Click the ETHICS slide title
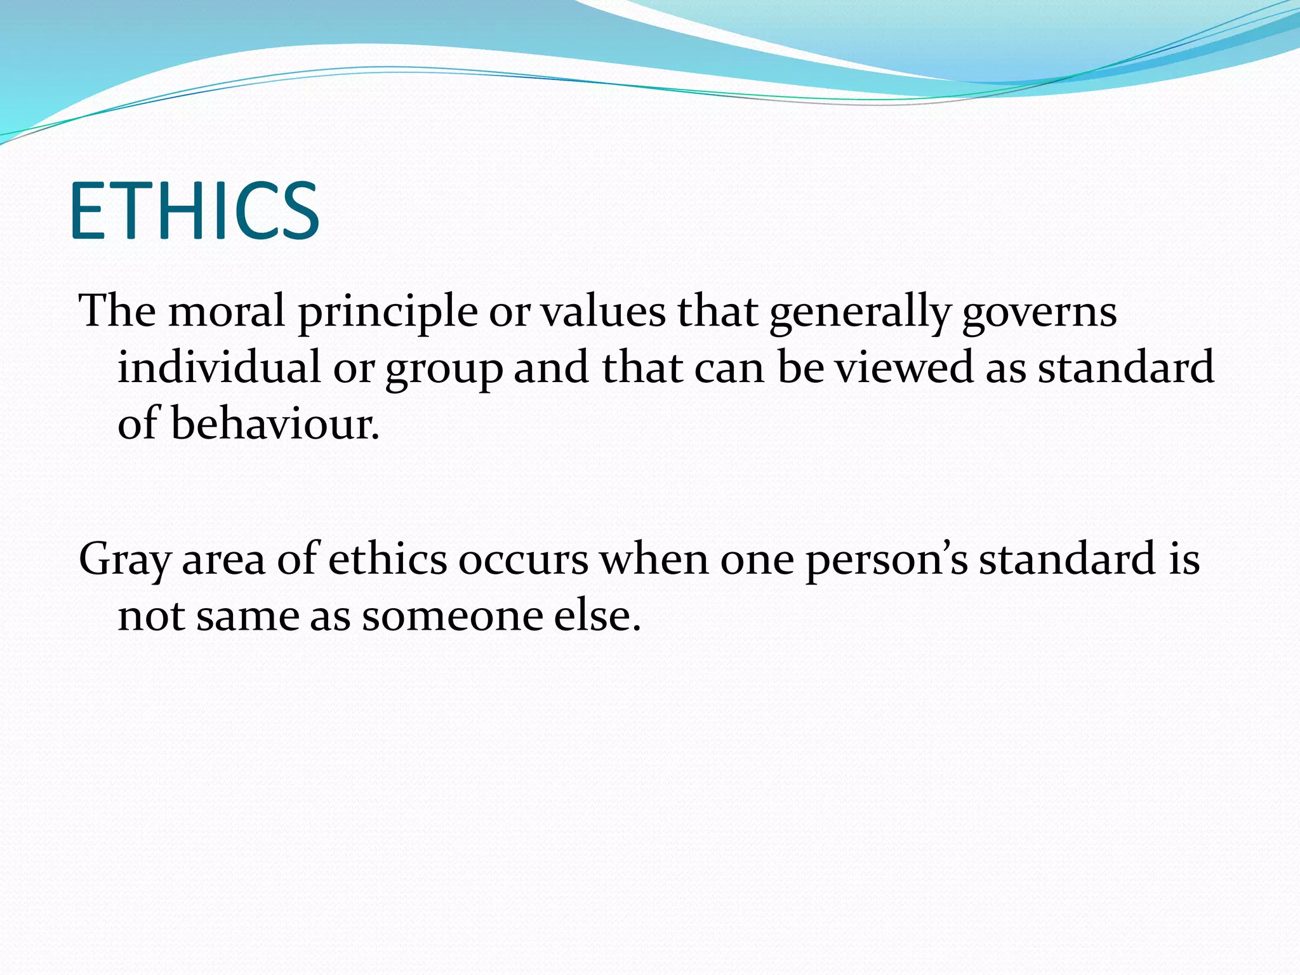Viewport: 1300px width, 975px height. pos(194,211)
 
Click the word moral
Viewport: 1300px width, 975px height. pos(226,312)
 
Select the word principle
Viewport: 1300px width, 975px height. pos(388,312)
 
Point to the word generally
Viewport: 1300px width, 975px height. pos(860,312)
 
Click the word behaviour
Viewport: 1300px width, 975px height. pos(275,424)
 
